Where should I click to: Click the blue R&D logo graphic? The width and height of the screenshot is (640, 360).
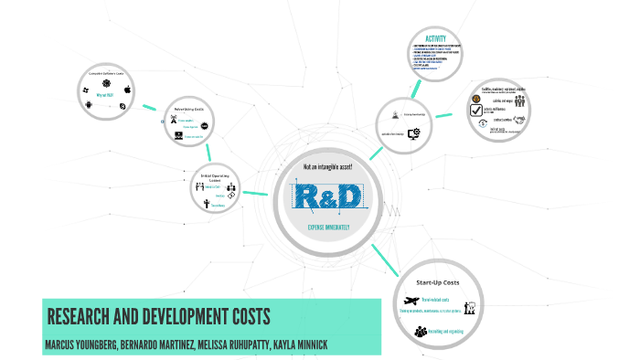pyautogui.click(x=327, y=196)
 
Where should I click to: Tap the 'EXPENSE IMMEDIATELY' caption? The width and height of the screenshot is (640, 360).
pyautogui.click(x=326, y=225)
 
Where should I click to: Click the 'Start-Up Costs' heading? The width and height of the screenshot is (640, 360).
pyautogui.click(x=442, y=281)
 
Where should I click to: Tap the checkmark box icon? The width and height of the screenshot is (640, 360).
pyautogui.click(x=475, y=111)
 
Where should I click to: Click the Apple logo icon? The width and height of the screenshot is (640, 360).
pyautogui.click(x=128, y=90)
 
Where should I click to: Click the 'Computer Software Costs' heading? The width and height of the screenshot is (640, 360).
pyautogui.click(x=108, y=72)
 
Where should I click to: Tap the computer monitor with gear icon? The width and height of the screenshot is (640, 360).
pyautogui.click(x=413, y=132)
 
